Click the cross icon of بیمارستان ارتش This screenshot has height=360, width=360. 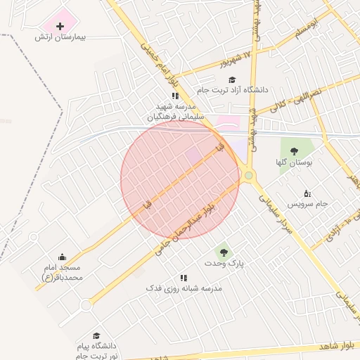pyautogui.click(x=59, y=26)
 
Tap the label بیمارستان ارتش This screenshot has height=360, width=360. pyautogui.click(x=60, y=37)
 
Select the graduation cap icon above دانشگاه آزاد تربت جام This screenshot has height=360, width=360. pyautogui.click(x=232, y=79)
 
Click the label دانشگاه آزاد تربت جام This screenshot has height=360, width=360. pyautogui.click(x=232, y=90)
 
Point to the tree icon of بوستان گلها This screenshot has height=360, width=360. pyautogui.click(x=294, y=151)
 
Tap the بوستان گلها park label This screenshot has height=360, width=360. pyautogui.click(x=294, y=162)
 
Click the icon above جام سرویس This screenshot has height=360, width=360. pyautogui.click(x=307, y=193)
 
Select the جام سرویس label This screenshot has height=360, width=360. pyautogui.click(x=307, y=204)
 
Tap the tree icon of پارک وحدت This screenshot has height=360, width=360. pyautogui.click(x=224, y=252)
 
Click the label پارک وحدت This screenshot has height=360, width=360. pyautogui.click(x=224, y=263)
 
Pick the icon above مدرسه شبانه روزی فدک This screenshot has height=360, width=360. pyautogui.click(x=184, y=278)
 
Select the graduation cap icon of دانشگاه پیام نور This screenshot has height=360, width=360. pyautogui.click(x=96, y=336)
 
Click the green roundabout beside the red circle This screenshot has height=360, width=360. pyautogui.click(x=248, y=175)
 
